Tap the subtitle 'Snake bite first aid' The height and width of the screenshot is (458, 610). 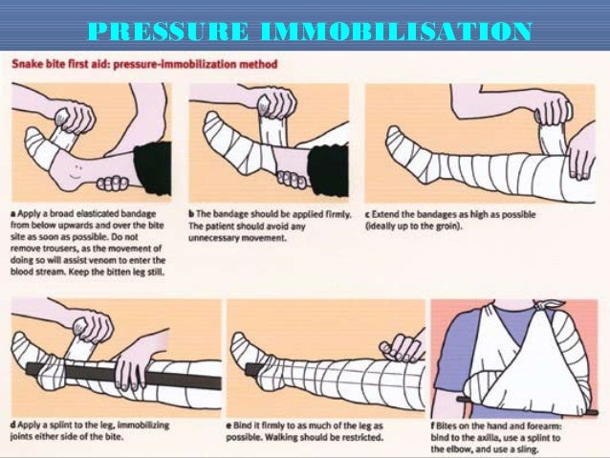click(66, 65)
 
